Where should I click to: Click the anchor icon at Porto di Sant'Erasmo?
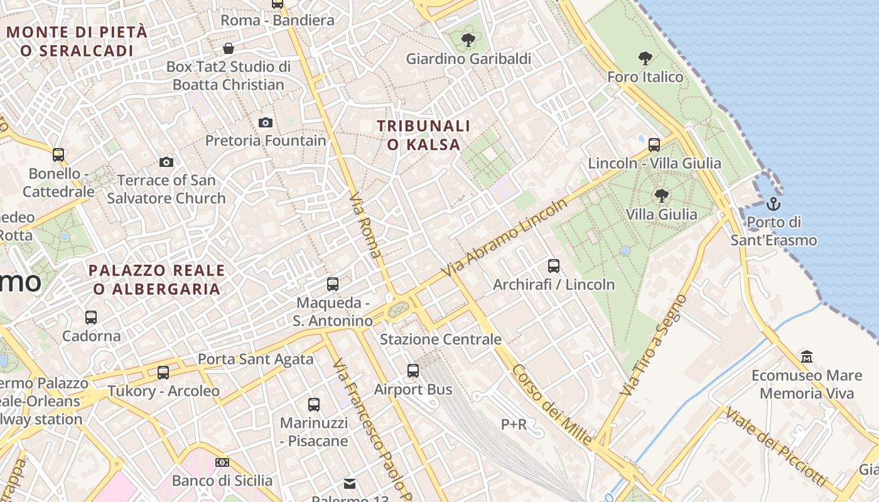tap(773, 204)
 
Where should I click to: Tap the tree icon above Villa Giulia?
tap(661, 196)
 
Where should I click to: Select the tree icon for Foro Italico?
tap(645, 59)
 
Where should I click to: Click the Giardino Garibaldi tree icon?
tap(468, 41)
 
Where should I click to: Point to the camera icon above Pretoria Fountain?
tap(266, 122)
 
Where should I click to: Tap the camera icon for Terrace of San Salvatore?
tap(166, 163)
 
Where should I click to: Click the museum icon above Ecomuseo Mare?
tap(807, 357)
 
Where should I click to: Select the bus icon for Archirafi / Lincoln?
tap(553, 266)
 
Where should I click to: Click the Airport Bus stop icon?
tap(413, 371)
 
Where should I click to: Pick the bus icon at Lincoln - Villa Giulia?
tap(654, 145)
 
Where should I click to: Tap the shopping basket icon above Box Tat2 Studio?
tap(229, 48)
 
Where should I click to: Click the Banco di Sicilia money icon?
tap(222, 462)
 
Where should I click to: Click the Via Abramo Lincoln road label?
tap(504, 238)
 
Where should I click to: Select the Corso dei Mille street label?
tap(551, 405)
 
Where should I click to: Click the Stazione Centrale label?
tap(441, 339)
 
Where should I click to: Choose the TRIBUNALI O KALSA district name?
tap(424, 135)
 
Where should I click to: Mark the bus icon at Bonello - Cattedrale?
tap(58, 154)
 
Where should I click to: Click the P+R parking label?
tap(514, 425)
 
